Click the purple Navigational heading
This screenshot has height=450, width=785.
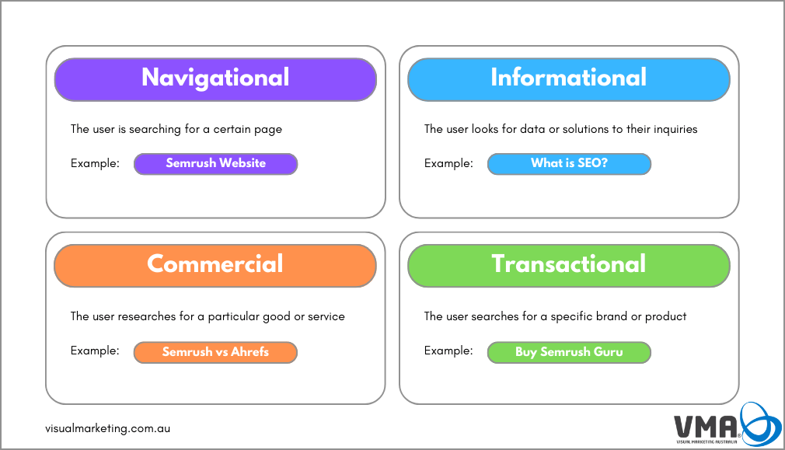(x=215, y=79)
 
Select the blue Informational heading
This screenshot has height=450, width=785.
(x=569, y=79)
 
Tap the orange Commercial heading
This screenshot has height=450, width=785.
(x=215, y=266)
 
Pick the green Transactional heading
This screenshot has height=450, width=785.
(x=569, y=266)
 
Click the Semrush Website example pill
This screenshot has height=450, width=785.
(x=216, y=164)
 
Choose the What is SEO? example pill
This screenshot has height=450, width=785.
(x=569, y=164)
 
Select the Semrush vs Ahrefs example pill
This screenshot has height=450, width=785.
(x=215, y=352)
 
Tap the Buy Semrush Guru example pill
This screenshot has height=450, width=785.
(x=569, y=352)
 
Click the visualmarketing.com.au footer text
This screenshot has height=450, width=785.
(x=107, y=428)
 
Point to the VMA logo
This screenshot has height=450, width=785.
(x=727, y=424)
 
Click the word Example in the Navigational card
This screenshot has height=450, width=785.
(x=95, y=163)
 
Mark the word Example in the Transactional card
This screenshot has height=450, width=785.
(x=448, y=351)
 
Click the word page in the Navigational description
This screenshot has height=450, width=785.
(x=268, y=130)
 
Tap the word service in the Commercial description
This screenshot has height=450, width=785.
(x=326, y=316)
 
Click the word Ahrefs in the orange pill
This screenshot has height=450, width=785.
(x=249, y=352)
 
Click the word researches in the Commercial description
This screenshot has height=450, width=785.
(x=147, y=316)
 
